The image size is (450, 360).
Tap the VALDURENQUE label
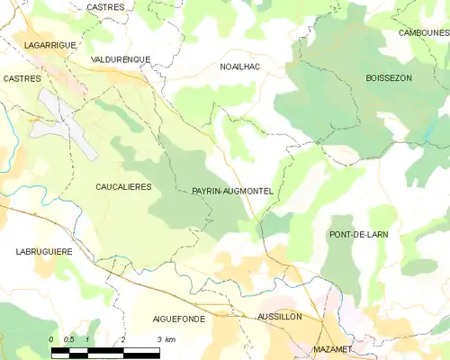pyautogui.click(x=121, y=59)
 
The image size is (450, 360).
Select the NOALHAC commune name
pyautogui.click(x=240, y=67)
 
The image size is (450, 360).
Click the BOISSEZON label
pyautogui.click(x=389, y=78)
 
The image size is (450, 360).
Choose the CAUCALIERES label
pyautogui.click(x=123, y=186)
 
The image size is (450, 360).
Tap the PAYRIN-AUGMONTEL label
pyautogui.click(x=232, y=192)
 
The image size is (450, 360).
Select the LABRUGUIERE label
pyautogui.click(x=43, y=252)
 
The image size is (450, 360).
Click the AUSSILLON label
pyautogui.click(x=279, y=318)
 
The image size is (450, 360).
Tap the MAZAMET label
pyautogui.click(x=333, y=348)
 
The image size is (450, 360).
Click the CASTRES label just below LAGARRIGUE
pyautogui.click(x=22, y=79)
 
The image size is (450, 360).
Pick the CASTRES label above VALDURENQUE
pyautogui.click(x=105, y=7)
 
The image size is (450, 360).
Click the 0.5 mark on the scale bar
pyautogui.click(x=69, y=338)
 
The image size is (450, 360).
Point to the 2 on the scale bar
pyautogui.click(x=122, y=338)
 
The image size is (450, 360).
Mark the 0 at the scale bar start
pyautogui.click(x=51, y=338)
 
